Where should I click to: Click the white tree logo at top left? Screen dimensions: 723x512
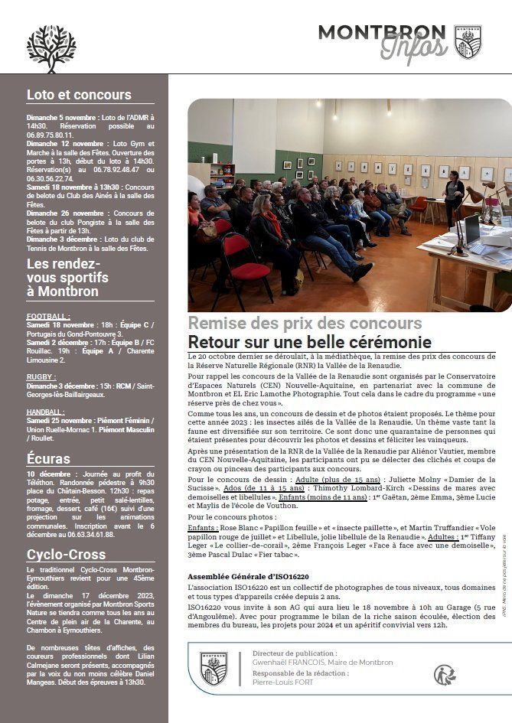(x=51, y=47)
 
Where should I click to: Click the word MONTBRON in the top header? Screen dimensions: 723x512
(x=381, y=32)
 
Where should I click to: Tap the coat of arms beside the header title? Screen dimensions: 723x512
(x=468, y=42)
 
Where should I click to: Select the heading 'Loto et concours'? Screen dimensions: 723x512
(x=79, y=95)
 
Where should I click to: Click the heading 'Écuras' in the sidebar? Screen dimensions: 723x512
(x=48, y=459)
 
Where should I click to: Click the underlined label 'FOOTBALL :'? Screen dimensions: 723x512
(x=48, y=316)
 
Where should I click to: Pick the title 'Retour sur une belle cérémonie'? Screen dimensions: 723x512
(x=309, y=342)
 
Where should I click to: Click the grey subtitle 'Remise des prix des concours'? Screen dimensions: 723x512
(x=305, y=323)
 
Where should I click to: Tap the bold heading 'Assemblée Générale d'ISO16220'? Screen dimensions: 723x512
(x=248, y=576)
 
